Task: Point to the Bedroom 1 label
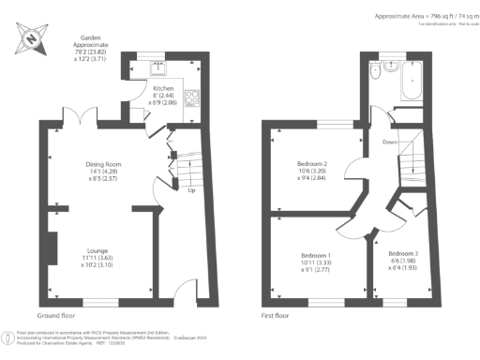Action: pos(315,256)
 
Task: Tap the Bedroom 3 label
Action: pos(405,256)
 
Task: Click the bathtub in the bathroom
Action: pos(412,87)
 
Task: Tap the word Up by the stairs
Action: pos(192,190)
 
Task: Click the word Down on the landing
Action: pos(389,142)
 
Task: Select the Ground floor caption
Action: pos(56,316)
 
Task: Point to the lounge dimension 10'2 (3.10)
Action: pos(95,266)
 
